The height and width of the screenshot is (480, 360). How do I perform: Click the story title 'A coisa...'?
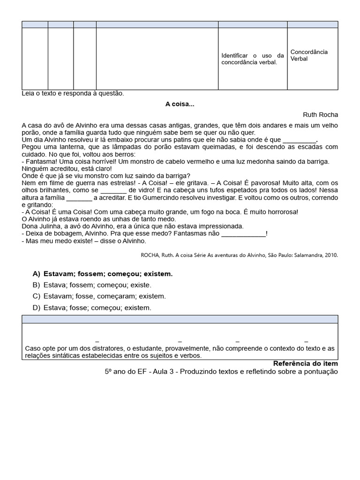tap(180, 104)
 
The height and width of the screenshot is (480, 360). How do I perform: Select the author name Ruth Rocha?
tap(320, 115)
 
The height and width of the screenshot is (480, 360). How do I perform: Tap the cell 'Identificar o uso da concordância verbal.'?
tap(253, 59)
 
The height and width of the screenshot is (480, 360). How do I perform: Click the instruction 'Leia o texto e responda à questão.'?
tap(73, 93)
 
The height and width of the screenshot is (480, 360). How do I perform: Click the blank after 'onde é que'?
tap(300, 140)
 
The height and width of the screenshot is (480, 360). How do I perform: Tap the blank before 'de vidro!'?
tap(113, 190)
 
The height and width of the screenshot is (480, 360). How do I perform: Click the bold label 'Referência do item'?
tap(305, 364)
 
